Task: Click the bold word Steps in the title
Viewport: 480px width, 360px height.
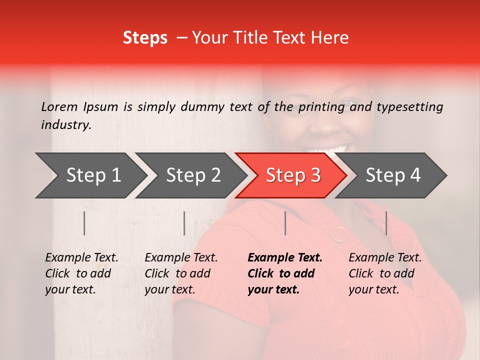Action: pos(145,38)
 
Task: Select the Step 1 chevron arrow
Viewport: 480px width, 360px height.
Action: pos(90,175)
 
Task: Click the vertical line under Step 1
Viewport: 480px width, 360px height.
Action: pos(84,223)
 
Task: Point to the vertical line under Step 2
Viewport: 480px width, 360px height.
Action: pos(184,223)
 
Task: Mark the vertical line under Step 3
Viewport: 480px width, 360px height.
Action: pos(285,223)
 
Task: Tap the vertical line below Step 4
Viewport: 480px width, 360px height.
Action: pos(386,223)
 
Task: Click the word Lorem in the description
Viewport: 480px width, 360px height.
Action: pos(59,106)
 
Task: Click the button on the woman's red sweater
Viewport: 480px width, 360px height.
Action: pos(339,233)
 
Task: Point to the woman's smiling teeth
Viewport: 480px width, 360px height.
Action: pos(328,149)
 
